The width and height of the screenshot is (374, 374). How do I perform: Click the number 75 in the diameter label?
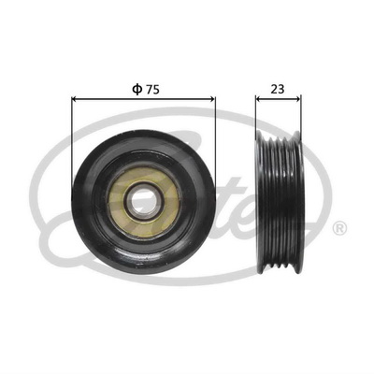point(153,90)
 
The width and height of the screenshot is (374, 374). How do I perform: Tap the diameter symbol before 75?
point(137,90)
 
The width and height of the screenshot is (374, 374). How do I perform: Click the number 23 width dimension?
point(278,90)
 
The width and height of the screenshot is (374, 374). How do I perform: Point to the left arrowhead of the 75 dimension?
point(74,99)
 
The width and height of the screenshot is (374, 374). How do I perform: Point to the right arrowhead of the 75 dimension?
point(213,99)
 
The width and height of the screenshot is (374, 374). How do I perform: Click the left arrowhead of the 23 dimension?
point(258,99)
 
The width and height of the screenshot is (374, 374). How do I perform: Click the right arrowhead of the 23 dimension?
point(298,99)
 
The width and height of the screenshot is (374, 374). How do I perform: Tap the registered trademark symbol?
point(340,228)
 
